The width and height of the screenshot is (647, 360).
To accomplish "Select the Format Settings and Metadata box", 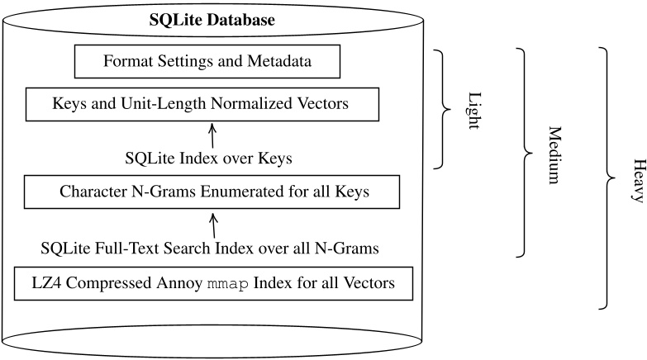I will coord(212,60).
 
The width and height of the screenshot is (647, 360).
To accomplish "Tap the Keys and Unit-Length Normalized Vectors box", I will coord(202,105).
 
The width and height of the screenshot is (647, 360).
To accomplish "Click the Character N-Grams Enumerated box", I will coord(213,192).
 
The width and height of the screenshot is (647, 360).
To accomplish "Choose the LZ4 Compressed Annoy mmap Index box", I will coord(212,283).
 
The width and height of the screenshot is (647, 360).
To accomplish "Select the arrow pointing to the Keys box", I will coord(212,135).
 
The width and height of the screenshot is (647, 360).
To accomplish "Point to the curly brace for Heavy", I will coord(610,178).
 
